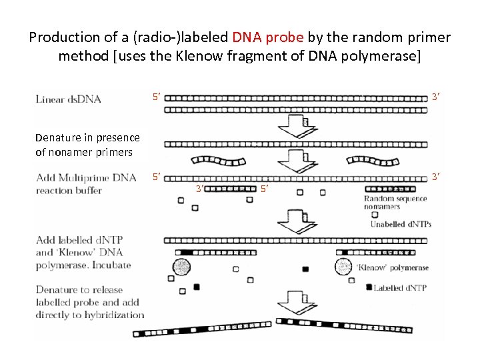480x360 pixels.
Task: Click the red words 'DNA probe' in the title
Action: click(x=267, y=37)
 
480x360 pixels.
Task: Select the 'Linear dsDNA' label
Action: click(x=68, y=99)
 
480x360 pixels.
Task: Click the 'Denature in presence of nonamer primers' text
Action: click(x=87, y=145)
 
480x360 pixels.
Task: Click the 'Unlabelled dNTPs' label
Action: click(x=401, y=224)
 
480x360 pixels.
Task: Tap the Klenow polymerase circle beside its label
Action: click(x=344, y=267)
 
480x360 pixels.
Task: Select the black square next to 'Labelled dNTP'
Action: click(x=369, y=287)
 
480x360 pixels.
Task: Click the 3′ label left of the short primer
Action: click(x=199, y=189)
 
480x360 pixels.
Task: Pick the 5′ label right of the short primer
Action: click(x=264, y=189)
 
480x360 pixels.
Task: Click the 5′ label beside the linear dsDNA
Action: click(x=155, y=98)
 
